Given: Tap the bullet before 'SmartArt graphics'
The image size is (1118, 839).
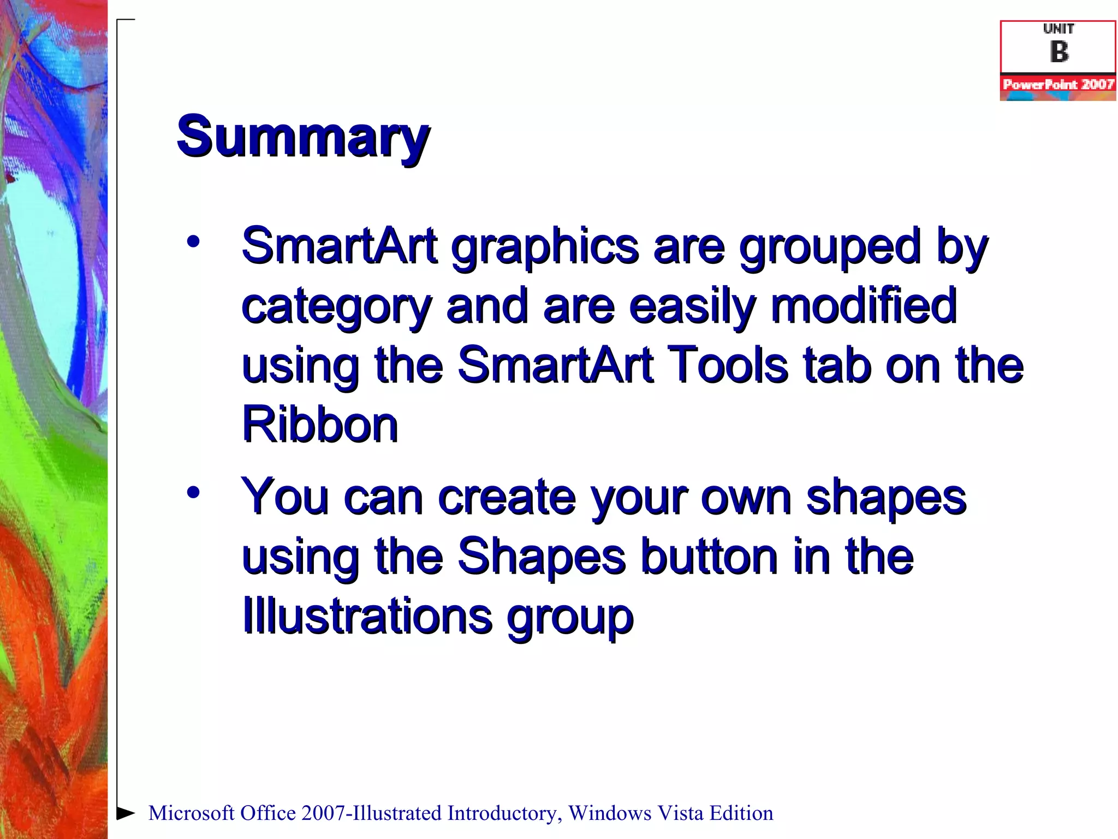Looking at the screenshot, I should point(193,241).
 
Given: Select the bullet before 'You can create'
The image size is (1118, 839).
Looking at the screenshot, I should point(193,493).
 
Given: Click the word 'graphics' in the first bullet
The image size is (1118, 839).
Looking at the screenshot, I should point(545,247).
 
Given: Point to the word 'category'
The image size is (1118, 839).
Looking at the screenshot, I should point(336,307).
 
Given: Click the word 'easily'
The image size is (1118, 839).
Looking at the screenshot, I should point(692,307).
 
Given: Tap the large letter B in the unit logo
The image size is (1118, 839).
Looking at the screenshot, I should point(1059,52).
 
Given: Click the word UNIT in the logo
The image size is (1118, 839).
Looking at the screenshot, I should point(1058,29).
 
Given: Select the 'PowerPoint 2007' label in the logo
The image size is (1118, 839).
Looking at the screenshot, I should point(1058,84).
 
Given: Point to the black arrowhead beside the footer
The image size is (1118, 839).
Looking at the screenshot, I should point(126,813).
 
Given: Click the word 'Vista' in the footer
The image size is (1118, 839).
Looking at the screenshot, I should point(680,813).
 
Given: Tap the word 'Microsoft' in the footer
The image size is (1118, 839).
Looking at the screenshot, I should point(191,813).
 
